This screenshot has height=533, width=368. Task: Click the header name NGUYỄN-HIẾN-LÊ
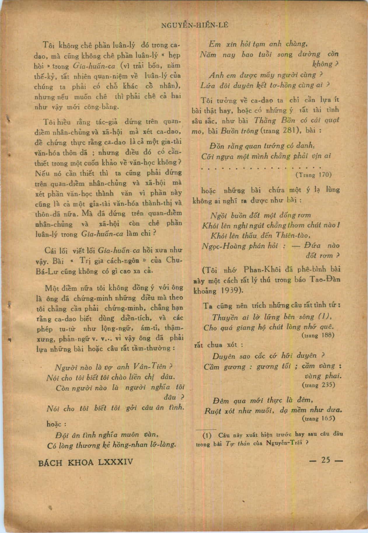(x=195, y=25)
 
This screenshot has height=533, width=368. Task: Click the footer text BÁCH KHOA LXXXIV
(x=86, y=462)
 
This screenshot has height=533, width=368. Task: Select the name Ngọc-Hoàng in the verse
(x=221, y=246)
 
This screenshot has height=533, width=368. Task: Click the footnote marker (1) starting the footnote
(x=207, y=434)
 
